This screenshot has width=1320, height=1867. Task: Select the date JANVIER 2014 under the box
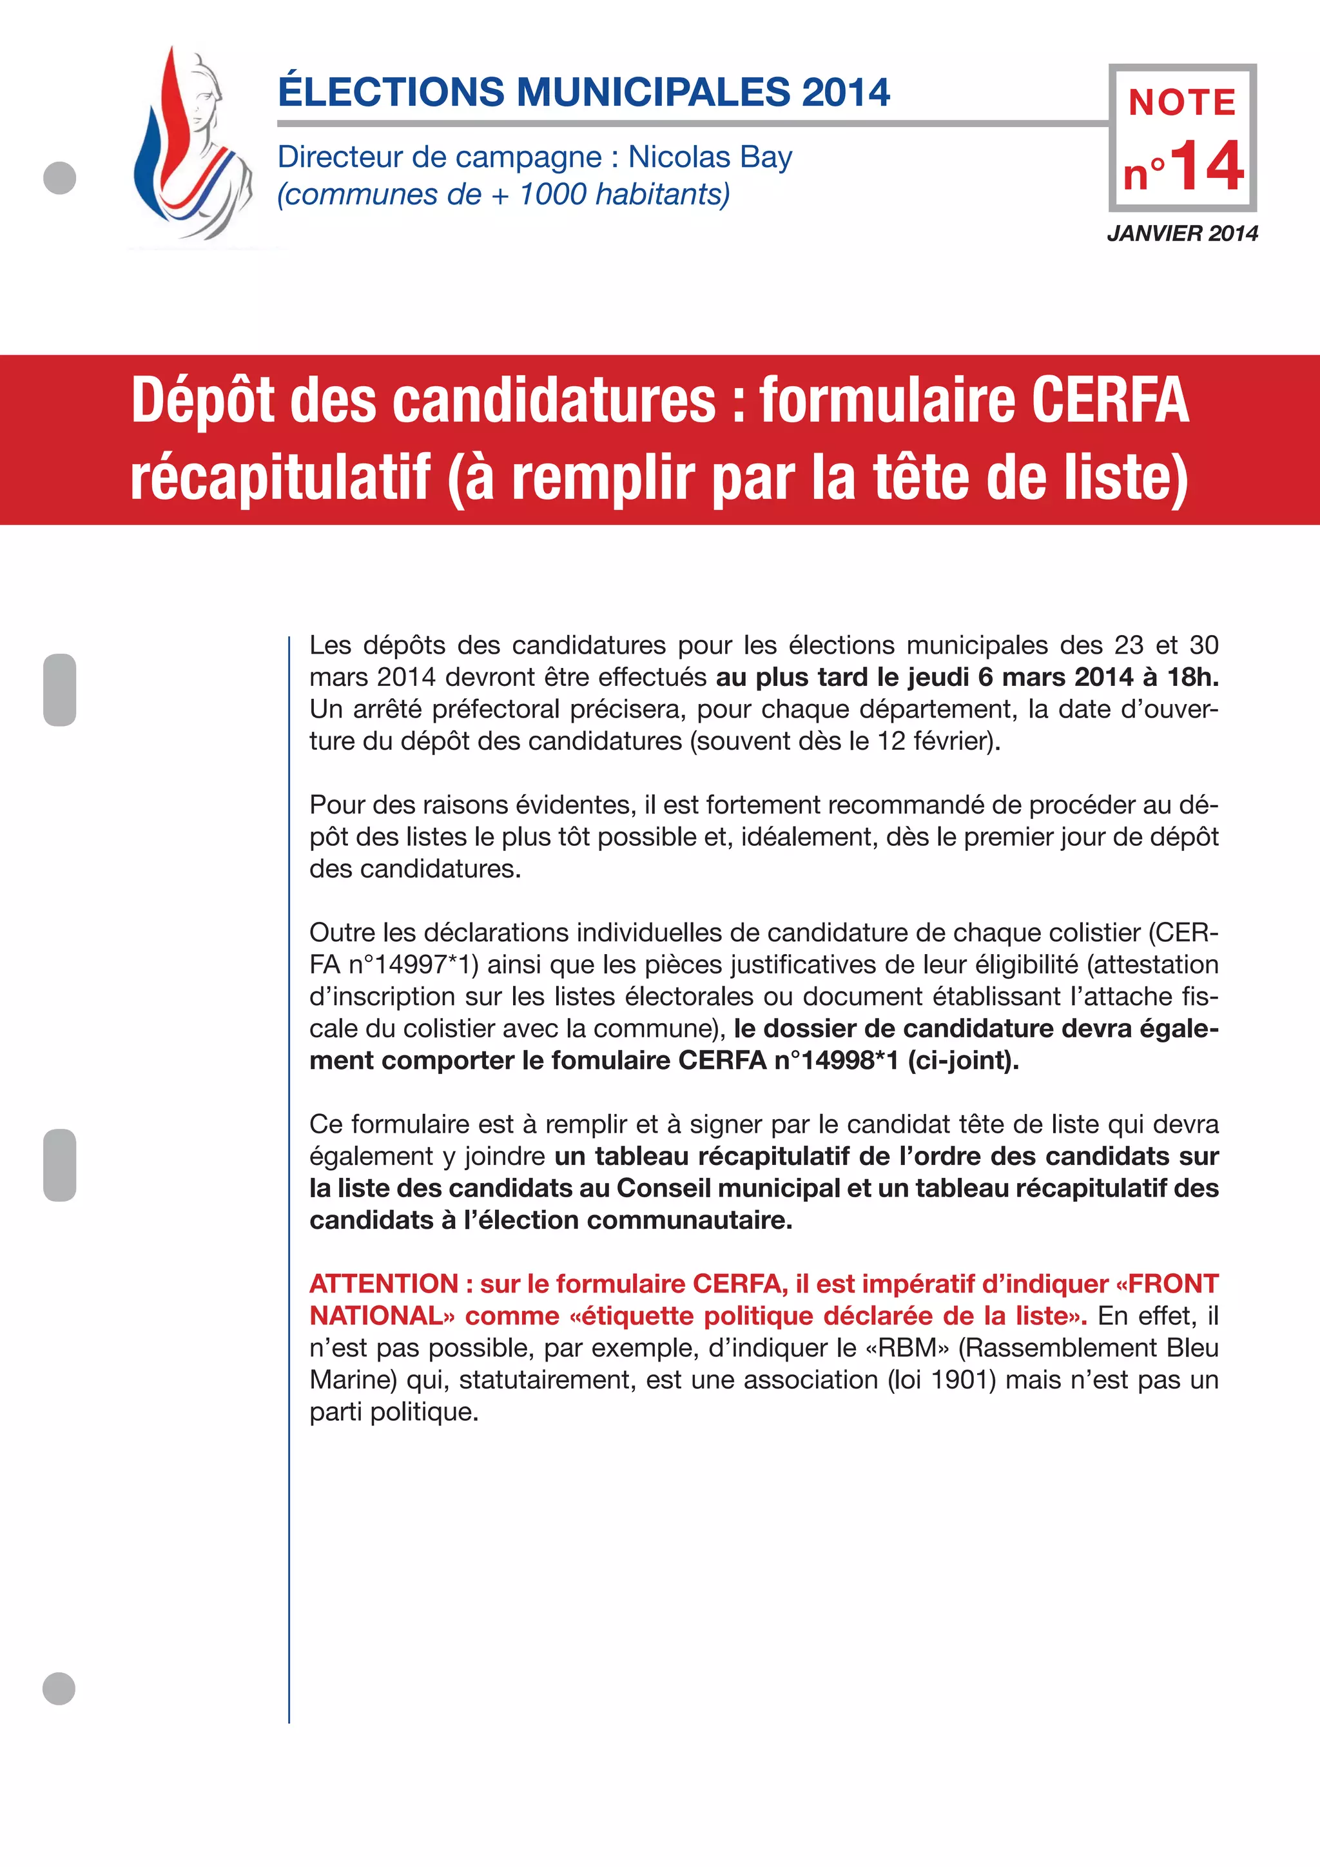click(x=1182, y=233)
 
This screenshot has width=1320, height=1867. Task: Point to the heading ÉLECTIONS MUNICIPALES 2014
click(x=583, y=92)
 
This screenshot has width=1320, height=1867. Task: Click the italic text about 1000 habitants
click(x=504, y=194)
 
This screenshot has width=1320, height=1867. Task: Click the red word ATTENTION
click(x=383, y=1284)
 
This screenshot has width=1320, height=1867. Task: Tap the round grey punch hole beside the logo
click(x=59, y=178)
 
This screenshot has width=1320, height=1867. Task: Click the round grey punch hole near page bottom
click(x=59, y=1689)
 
